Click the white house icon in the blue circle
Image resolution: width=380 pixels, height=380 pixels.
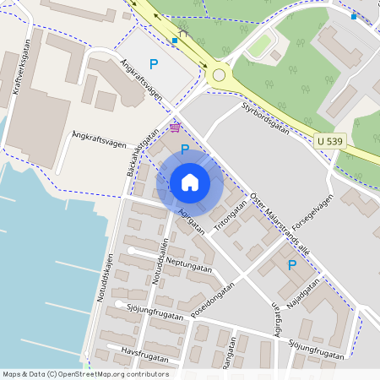click(x=190, y=182)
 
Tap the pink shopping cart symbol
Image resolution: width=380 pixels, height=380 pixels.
click(x=175, y=128)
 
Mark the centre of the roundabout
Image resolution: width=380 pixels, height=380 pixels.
click(x=219, y=75)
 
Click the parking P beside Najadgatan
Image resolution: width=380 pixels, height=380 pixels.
click(x=292, y=265)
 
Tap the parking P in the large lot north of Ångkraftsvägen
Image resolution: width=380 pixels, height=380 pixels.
click(x=153, y=63)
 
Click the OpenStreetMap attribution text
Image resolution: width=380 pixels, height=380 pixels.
click(x=85, y=374)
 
